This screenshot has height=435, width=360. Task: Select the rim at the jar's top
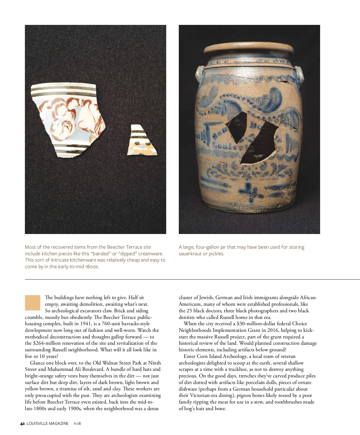click(x=249, y=49)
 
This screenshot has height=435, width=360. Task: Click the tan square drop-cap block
click(x=32, y=303)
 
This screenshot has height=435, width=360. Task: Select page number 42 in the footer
click(x=22, y=424)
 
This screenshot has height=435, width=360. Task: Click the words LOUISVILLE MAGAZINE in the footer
click(x=47, y=424)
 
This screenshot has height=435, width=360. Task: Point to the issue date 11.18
click(x=77, y=424)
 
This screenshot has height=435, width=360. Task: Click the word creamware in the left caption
click(x=150, y=253)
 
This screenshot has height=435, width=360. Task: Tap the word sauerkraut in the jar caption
click(x=190, y=253)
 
